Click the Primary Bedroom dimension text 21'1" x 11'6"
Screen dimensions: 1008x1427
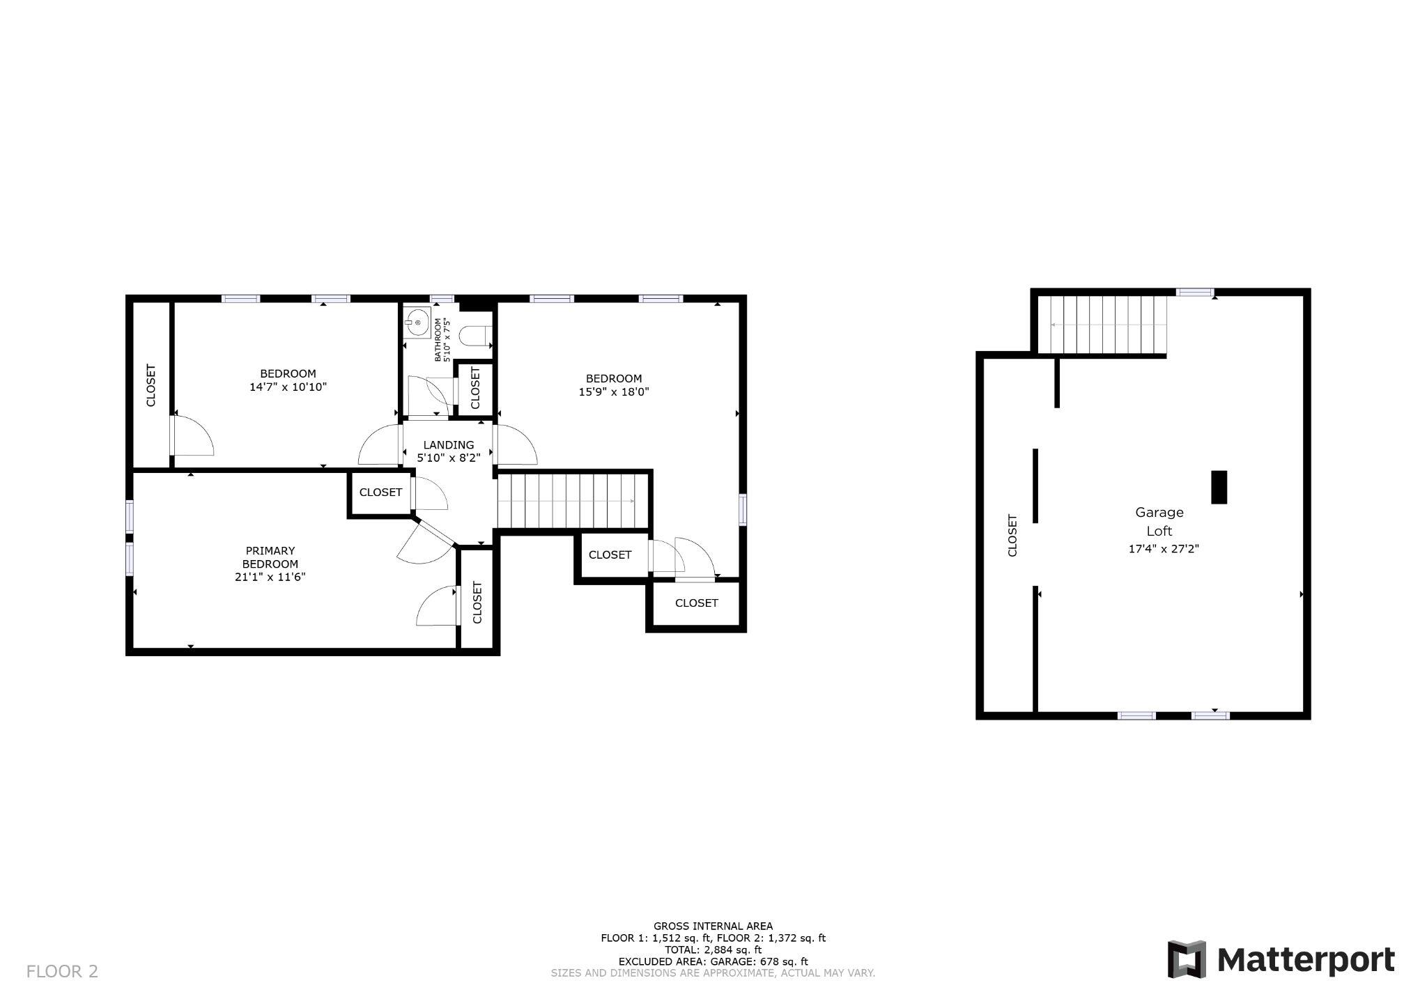point(270,577)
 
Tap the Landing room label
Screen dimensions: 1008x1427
point(449,445)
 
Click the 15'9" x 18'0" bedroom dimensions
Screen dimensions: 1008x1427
point(614,392)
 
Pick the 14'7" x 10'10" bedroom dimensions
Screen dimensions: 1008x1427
point(288,387)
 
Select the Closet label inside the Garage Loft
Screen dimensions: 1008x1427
point(1012,535)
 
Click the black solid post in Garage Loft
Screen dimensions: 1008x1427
point(1219,487)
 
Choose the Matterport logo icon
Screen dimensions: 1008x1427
point(1187,959)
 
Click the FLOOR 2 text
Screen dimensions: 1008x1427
point(62,971)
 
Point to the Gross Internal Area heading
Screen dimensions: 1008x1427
point(713,926)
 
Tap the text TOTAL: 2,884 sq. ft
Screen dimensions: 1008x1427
point(713,949)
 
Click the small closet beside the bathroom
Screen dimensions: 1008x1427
point(476,389)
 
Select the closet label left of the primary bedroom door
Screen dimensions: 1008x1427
point(380,493)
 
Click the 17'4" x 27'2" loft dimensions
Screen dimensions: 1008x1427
point(1163,549)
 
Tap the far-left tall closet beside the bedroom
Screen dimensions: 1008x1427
point(151,385)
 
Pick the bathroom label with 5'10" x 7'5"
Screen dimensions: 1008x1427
point(442,340)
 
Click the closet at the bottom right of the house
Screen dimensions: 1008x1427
point(696,603)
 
